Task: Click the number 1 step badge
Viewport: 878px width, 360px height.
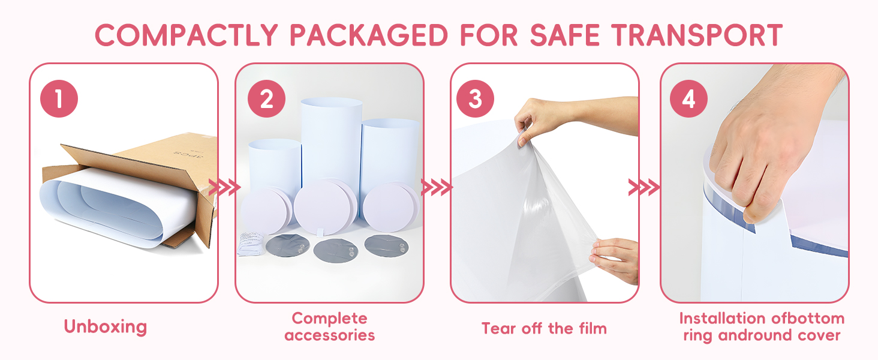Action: tap(59, 99)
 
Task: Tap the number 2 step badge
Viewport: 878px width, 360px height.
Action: tap(266, 99)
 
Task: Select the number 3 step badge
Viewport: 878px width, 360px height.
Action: tap(475, 99)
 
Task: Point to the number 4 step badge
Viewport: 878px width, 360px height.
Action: tap(688, 99)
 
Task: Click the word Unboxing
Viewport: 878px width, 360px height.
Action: tap(106, 327)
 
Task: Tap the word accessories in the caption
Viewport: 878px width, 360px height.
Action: tap(330, 335)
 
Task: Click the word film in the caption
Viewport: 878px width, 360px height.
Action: tap(592, 328)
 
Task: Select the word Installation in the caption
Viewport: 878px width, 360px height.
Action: tap(722, 319)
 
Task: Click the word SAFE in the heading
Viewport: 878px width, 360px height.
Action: tap(565, 35)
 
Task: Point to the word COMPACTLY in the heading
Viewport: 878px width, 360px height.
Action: tap(187, 35)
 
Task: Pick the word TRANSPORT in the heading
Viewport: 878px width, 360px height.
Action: tap(697, 35)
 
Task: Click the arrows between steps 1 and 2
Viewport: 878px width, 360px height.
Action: tap(224, 187)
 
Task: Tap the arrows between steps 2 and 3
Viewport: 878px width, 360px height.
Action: tap(437, 187)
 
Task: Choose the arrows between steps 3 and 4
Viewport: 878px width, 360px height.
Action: tap(644, 187)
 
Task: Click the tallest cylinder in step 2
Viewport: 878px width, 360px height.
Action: tap(331, 141)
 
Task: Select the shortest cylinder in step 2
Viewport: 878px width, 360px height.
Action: tap(275, 165)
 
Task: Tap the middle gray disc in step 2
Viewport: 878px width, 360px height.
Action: tap(335, 251)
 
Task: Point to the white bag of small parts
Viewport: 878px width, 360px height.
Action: tap(252, 243)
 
